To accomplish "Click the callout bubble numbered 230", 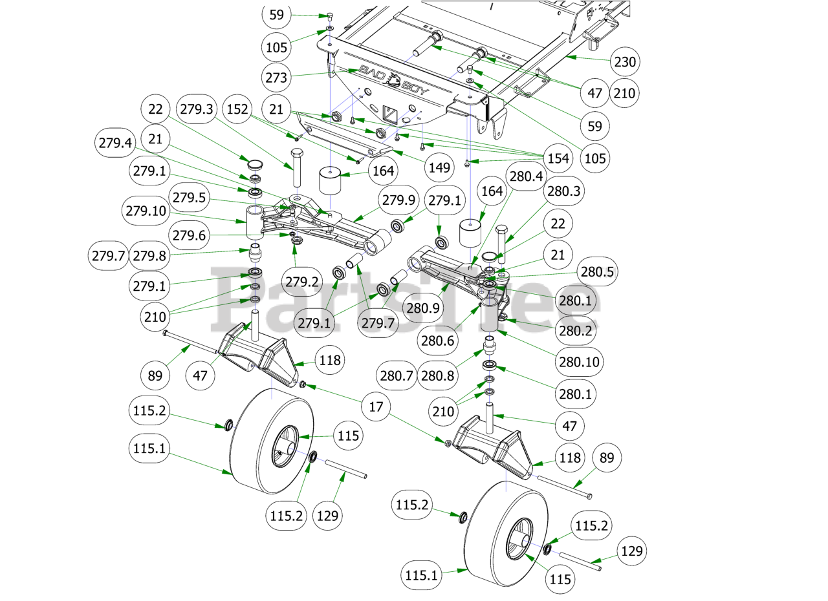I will [x=625, y=63].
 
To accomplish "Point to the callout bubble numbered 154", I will [x=557, y=158].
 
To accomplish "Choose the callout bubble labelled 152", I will [x=238, y=109].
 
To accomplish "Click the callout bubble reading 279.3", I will [x=197, y=109].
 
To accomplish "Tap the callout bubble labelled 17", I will [x=376, y=407].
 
